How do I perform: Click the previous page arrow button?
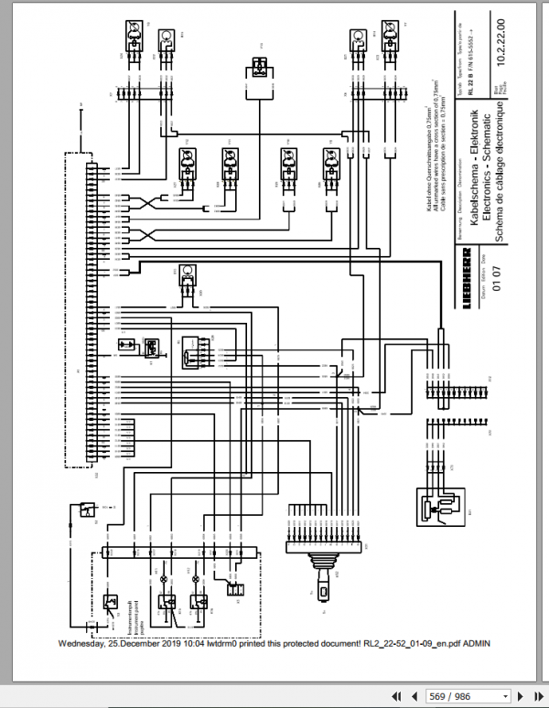(x=412, y=696)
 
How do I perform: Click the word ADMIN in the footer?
(x=476, y=643)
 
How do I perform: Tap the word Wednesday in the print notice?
(x=85, y=643)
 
